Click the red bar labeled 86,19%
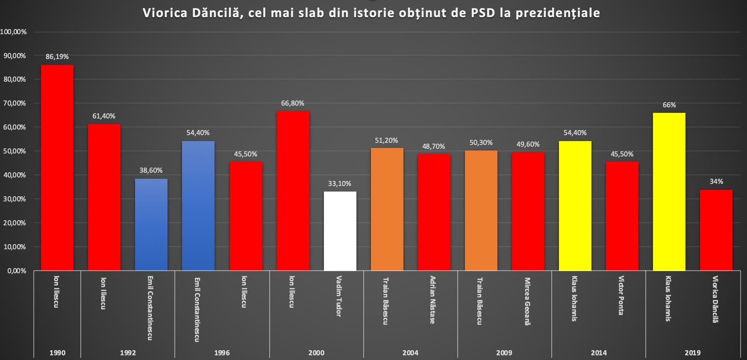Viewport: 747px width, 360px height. (x=57, y=168)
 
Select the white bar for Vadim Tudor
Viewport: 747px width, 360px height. (x=340, y=231)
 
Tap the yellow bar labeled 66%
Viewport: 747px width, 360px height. (x=669, y=192)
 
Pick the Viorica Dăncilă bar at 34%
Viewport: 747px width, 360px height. (x=716, y=230)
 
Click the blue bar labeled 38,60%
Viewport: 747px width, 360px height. (x=151, y=224)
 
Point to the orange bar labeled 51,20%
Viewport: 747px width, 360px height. (x=387, y=209)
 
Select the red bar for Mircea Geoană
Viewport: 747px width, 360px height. (x=528, y=211)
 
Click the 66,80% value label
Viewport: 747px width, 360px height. (x=293, y=103)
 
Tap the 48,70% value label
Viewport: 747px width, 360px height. (x=433, y=146)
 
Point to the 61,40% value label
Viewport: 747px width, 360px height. (x=104, y=116)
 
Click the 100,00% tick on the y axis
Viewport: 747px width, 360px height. (x=13, y=32)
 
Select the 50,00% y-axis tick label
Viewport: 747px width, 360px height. (x=15, y=151)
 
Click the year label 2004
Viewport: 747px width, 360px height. (x=410, y=353)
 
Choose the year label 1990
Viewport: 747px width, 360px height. (x=57, y=353)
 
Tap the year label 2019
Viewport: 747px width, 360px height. (x=692, y=353)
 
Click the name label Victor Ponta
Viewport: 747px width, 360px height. (x=621, y=295)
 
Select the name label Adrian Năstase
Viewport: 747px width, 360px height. (x=432, y=299)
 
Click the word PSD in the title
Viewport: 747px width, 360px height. (x=482, y=13)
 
